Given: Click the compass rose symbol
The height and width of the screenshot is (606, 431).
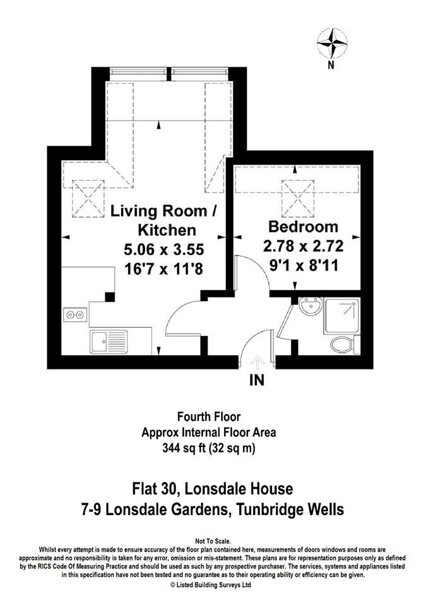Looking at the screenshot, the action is click(x=332, y=44).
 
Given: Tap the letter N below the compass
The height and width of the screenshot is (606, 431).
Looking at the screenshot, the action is click(x=331, y=65).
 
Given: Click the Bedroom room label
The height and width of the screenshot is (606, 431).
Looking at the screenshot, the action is click(x=303, y=227).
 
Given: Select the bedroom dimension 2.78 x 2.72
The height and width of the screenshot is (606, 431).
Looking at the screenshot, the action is click(x=303, y=246).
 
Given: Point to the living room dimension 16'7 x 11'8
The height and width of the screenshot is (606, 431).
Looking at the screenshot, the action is click(x=163, y=269).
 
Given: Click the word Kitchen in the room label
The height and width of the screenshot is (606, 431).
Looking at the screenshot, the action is click(x=167, y=230).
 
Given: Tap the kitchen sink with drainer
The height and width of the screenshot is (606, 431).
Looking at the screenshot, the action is click(x=109, y=342).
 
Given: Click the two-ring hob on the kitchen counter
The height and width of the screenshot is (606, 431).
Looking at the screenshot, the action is click(x=75, y=315).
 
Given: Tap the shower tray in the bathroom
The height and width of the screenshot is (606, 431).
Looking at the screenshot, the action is click(x=342, y=316).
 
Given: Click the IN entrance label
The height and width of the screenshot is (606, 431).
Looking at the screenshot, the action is click(x=257, y=381).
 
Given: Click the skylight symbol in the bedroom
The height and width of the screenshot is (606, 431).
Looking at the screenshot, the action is click(x=298, y=198).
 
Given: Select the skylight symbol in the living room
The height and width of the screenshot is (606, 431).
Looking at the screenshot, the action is click(x=88, y=198).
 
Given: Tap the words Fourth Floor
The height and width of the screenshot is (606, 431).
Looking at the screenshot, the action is click(x=209, y=417).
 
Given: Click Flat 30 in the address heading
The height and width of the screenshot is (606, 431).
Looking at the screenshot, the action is click(x=155, y=489).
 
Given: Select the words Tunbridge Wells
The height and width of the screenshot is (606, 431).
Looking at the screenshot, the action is click(x=290, y=509).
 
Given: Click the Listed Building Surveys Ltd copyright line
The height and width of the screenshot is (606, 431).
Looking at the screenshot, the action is click(x=211, y=585).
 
